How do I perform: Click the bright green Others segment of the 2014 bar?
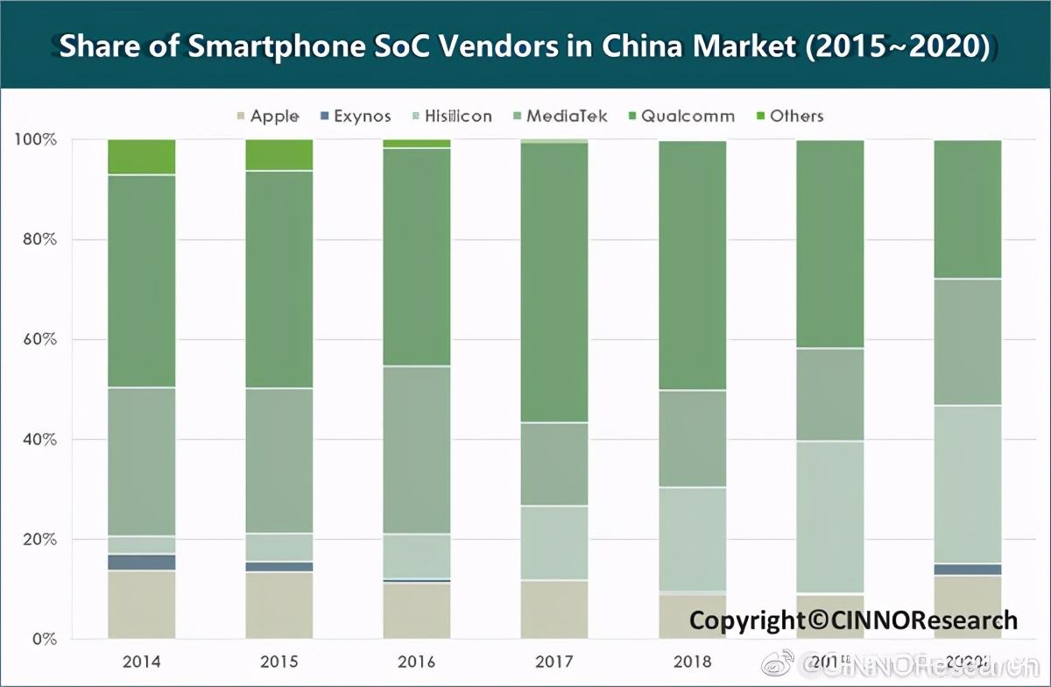(142, 157)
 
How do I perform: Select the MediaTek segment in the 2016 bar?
(417, 450)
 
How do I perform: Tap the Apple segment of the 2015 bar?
(279, 605)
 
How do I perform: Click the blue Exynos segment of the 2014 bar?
(142, 562)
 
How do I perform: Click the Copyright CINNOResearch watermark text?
(853, 620)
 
